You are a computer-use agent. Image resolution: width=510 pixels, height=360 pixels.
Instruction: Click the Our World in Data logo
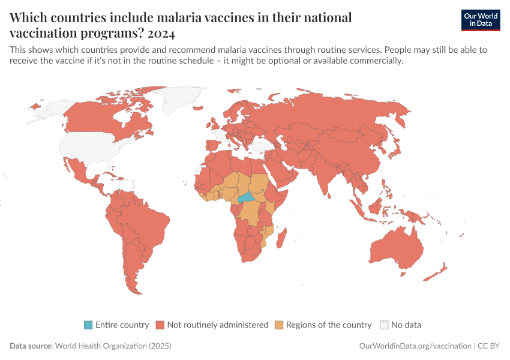coord(480,20)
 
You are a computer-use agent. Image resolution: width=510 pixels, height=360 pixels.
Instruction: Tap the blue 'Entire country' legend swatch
coord(88,325)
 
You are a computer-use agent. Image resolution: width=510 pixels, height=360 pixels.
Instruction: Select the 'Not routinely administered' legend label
coord(218,325)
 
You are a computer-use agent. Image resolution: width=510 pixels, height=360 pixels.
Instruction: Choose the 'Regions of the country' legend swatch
coord(279,325)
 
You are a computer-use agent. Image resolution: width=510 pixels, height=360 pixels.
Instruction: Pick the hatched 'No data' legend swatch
coord(384,325)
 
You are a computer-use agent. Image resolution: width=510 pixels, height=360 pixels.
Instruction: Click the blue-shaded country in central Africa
coord(247,198)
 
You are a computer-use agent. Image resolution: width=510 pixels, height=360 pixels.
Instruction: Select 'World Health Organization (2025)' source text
coord(113,346)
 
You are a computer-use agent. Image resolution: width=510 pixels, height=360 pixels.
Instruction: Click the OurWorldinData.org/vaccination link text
coord(415,346)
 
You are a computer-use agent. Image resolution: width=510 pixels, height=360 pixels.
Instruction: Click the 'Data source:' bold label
coord(31,346)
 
